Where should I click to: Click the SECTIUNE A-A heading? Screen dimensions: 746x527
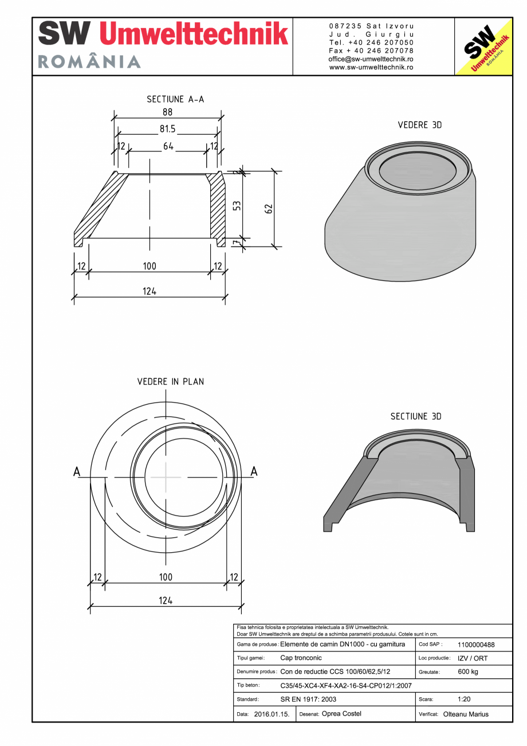175,99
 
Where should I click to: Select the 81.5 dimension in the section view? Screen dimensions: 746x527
167,130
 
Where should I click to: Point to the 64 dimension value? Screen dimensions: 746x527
168,147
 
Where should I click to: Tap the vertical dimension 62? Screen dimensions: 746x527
268,208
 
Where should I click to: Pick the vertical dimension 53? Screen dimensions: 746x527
236,205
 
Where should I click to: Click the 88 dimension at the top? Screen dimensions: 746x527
167,113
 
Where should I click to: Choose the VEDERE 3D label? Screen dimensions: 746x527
420,125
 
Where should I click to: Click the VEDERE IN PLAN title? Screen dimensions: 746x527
170,381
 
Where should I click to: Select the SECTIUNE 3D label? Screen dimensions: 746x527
416,416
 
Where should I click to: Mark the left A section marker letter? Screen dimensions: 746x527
77,471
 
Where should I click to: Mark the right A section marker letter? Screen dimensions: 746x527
254,471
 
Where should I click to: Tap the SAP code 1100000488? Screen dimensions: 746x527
476,645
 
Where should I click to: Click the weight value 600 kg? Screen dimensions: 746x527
468,672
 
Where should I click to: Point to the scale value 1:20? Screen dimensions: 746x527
465,700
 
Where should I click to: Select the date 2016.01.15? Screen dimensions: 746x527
272,714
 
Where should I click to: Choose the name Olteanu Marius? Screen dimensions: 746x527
466,714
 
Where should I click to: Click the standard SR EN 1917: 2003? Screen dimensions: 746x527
308,700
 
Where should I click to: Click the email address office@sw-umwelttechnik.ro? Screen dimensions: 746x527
371,59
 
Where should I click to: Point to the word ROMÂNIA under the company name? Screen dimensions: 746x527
89,62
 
